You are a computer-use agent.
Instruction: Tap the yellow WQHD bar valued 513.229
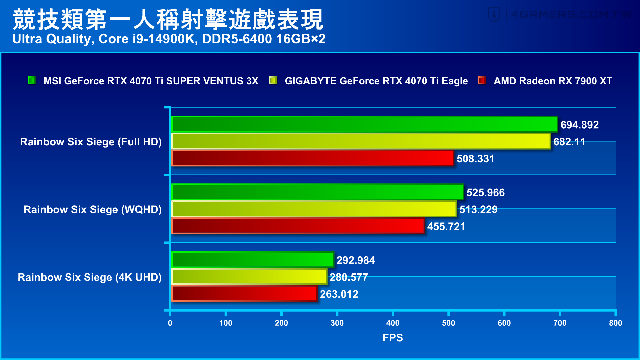pyautogui.click(x=314, y=209)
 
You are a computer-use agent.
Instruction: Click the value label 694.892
pyautogui.click(x=579, y=125)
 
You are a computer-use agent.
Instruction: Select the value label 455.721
pyautogui.click(x=446, y=226)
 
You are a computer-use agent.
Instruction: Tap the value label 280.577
pyautogui.click(x=349, y=277)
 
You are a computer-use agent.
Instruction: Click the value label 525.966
pyautogui.click(x=485, y=192)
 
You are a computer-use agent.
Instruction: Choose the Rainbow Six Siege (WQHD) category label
pyautogui.click(x=93, y=209)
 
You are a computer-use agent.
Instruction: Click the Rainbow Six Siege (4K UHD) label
pyautogui.click(x=90, y=277)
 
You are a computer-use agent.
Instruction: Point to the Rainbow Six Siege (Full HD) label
pyautogui.click(x=91, y=142)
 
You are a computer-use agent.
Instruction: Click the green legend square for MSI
pyautogui.click(x=32, y=80)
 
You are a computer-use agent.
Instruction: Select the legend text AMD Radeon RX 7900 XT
pyautogui.click(x=553, y=81)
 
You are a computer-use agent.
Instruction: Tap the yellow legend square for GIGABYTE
pyautogui.click(x=273, y=80)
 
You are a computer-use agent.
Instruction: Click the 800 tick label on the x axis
pyautogui.click(x=615, y=323)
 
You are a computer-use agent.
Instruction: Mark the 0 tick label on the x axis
pyautogui.click(x=170, y=323)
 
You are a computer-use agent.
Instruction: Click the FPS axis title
pyautogui.click(x=393, y=338)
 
